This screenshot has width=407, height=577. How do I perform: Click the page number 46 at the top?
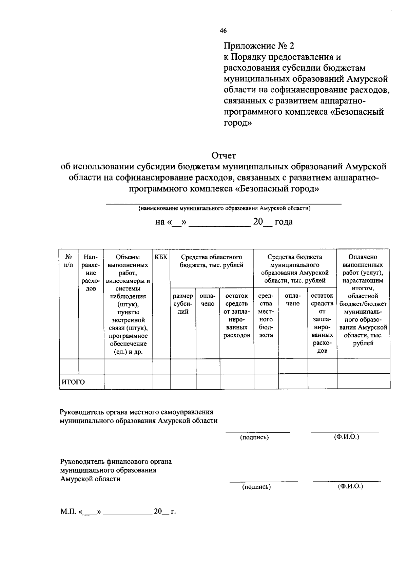pyautogui.click(x=223, y=31)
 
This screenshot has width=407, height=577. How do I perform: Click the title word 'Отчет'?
pyautogui.click(x=224, y=156)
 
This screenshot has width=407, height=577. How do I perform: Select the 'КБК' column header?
pyautogui.click(x=161, y=257)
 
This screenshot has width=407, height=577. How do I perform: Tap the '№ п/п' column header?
pyautogui.click(x=69, y=261)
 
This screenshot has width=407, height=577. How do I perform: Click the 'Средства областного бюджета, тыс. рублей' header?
pyautogui.click(x=212, y=261)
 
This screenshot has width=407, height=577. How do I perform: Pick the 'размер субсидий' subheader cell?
pyautogui.click(x=183, y=304)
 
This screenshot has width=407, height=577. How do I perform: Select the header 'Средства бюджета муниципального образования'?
pyautogui.click(x=295, y=269)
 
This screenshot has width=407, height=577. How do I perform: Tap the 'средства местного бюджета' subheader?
pyautogui.click(x=266, y=316)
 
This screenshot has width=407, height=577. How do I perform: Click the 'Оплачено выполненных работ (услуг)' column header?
pyautogui.click(x=363, y=300)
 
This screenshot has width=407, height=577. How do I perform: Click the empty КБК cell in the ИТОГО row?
pyautogui.click(x=161, y=381)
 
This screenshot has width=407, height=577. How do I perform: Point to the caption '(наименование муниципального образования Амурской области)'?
pyautogui.click(x=224, y=208)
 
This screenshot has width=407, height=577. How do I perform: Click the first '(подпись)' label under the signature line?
pyautogui.click(x=254, y=438)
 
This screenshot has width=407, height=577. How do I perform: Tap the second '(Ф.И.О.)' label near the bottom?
pyautogui.click(x=350, y=486)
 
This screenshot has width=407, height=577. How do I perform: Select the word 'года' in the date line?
pyautogui.click(x=284, y=222)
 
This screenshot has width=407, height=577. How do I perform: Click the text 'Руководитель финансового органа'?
pyautogui.click(x=116, y=462)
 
